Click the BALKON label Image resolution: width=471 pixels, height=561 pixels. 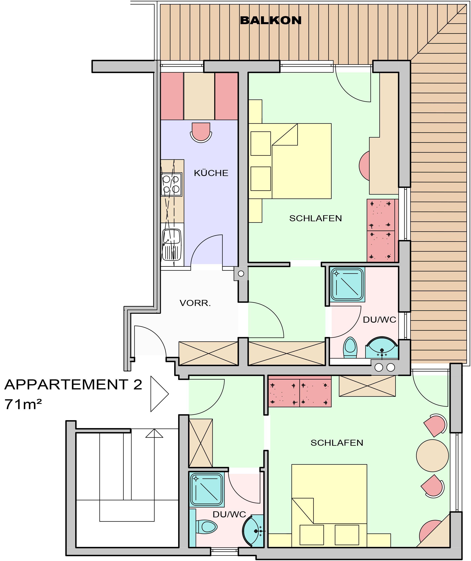271,21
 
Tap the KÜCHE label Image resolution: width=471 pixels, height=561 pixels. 211,173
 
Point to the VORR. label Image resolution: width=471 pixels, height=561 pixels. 195,303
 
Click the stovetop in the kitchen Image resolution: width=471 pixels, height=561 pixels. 171,184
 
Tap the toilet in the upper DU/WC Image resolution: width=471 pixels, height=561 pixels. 350,348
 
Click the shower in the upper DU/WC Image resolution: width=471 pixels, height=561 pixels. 348,284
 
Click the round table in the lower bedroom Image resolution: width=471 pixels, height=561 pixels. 432,455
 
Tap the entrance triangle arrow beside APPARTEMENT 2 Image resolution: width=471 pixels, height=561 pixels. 159,394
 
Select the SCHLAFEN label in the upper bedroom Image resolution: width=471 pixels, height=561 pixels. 316,218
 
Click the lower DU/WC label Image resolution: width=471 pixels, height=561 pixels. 229,514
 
